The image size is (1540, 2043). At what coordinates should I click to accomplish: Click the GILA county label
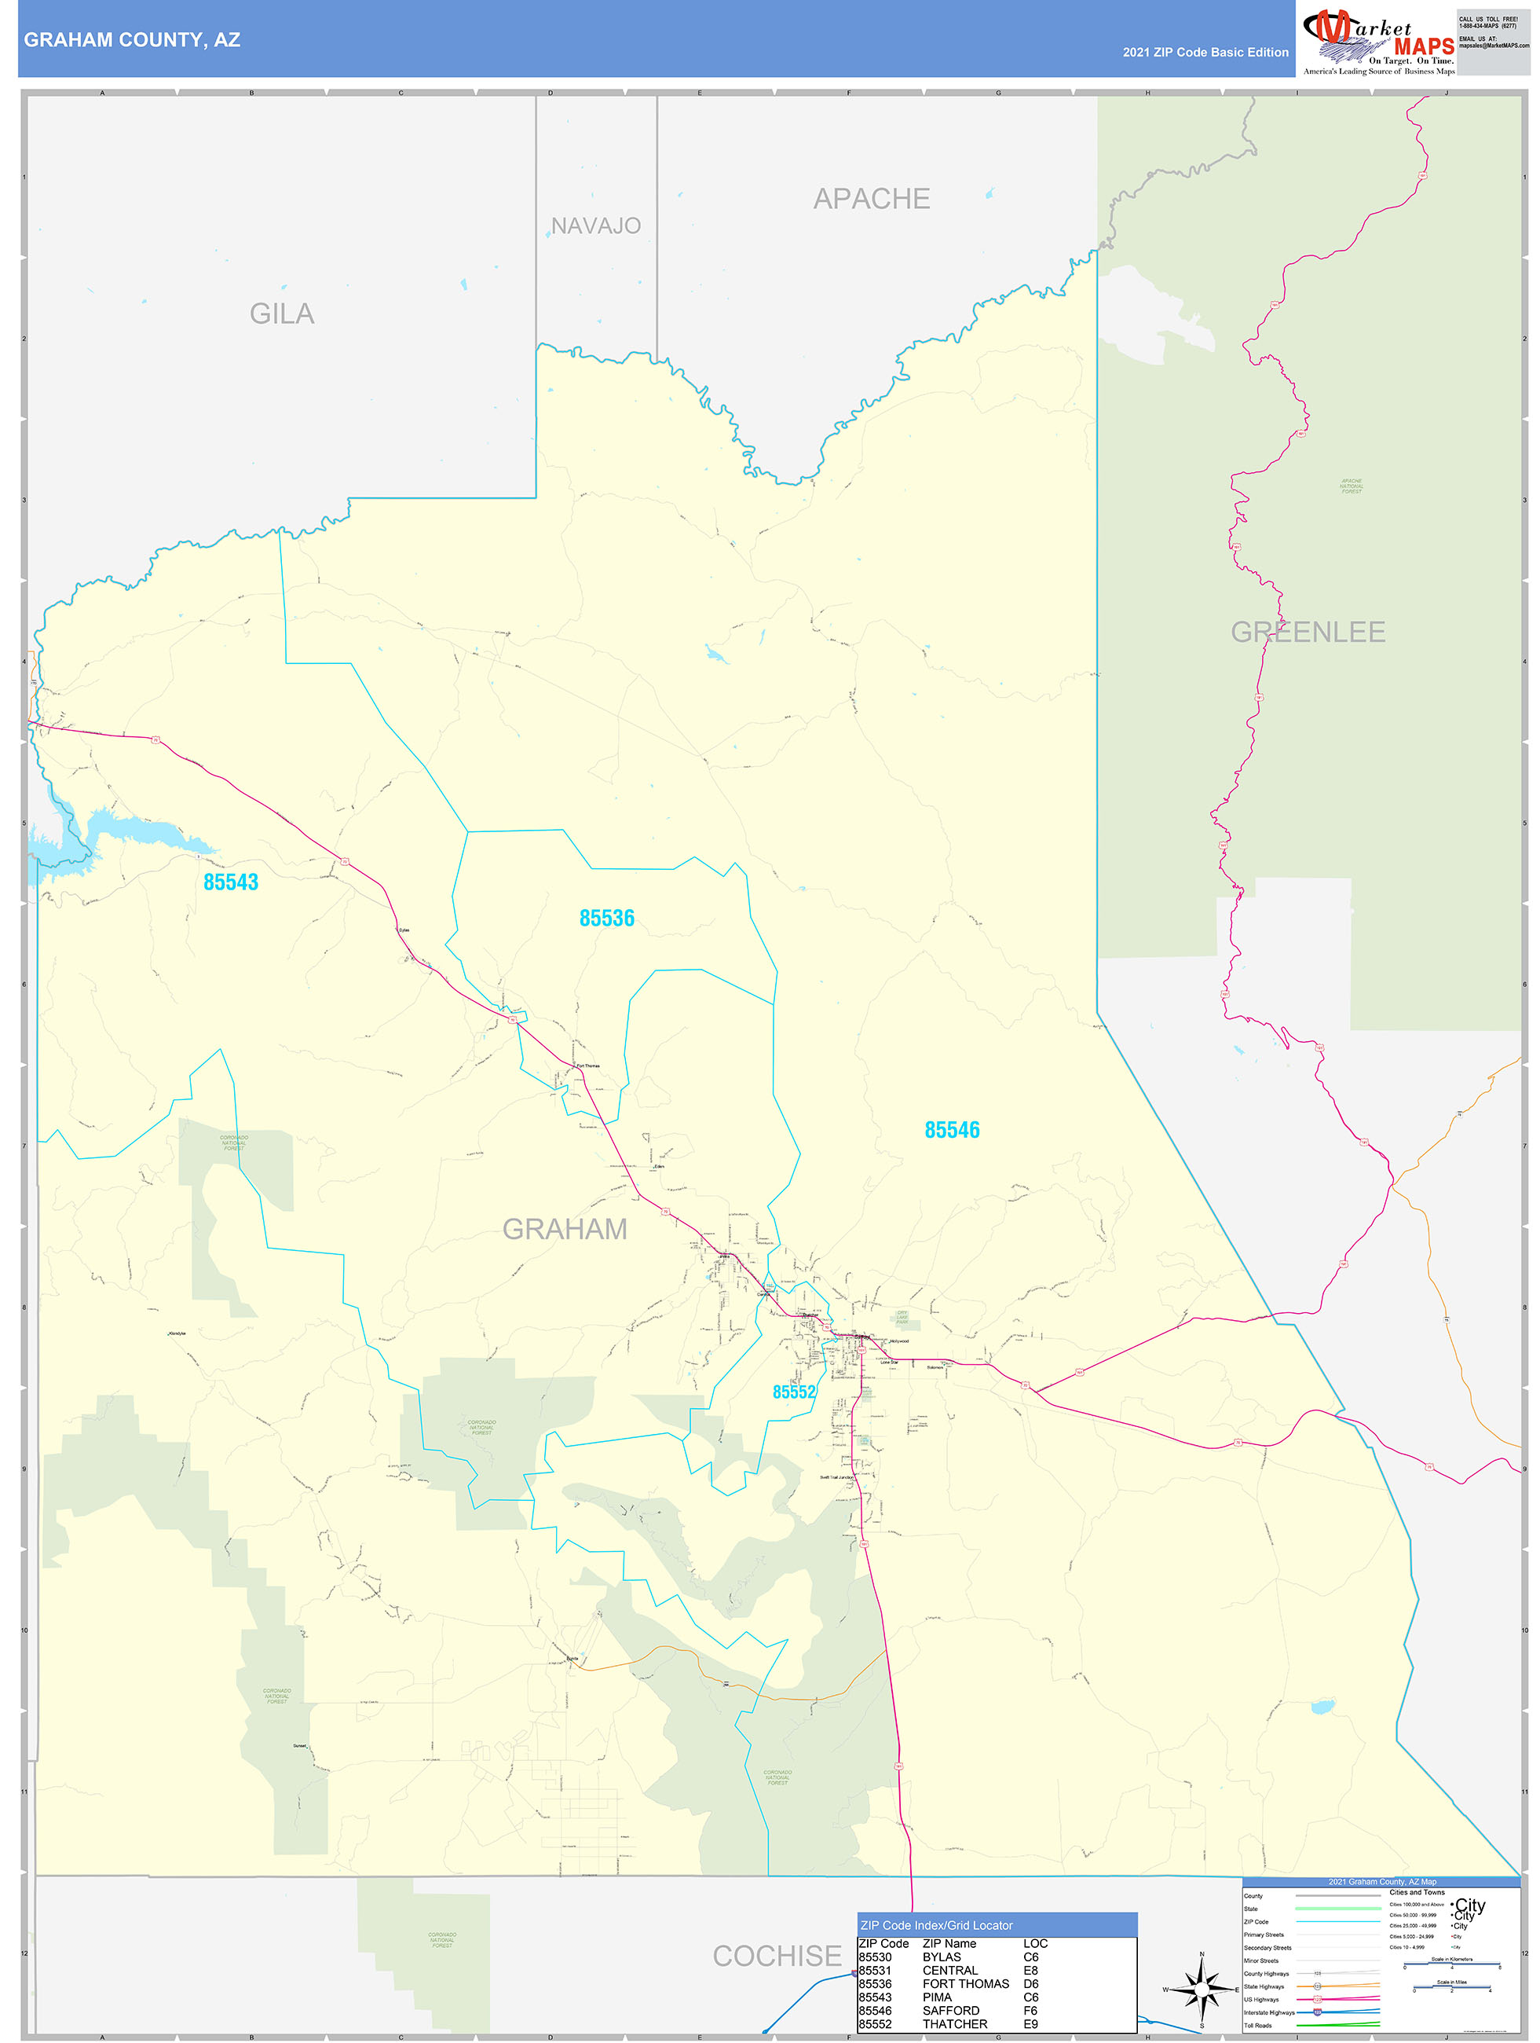click(282, 314)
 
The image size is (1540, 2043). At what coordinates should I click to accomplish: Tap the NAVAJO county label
click(595, 226)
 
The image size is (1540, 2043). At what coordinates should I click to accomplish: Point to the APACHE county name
click(871, 199)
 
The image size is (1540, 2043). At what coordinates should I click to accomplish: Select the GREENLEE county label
click(1308, 632)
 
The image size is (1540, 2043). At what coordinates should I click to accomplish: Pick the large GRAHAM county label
click(564, 1228)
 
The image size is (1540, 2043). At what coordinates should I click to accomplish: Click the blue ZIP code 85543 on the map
click(231, 882)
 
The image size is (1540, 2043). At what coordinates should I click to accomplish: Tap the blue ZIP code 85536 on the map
click(606, 918)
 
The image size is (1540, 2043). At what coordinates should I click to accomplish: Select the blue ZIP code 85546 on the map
click(952, 1130)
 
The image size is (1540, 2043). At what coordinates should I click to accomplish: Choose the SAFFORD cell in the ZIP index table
click(951, 2011)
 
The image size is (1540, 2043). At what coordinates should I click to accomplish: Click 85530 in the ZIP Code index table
click(876, 1957)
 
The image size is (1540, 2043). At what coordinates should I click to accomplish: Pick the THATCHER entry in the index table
click(955, 2023)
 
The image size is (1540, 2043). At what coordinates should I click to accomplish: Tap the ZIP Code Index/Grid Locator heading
click(936, 1925)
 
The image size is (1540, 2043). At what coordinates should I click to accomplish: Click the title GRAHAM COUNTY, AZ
click(132, 40)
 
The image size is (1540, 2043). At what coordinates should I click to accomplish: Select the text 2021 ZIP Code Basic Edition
click(1205, 53)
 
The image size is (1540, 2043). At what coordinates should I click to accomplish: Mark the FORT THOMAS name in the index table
click(966, 1984)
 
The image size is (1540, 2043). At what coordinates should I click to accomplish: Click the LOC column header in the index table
click(1035, 1943)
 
